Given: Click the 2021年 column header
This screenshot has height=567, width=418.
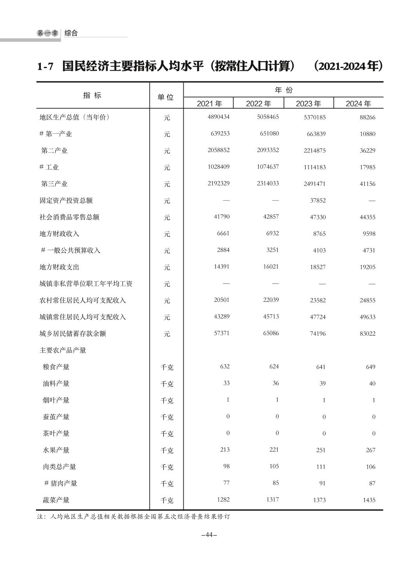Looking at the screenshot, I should click(x=209, y=103).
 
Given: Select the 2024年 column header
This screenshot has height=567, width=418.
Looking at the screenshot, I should click(x=358, y=103).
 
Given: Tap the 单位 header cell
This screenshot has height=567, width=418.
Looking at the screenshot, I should click(x=165, y=97).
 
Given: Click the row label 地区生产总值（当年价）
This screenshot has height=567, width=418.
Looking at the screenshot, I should click(x=74, y=117).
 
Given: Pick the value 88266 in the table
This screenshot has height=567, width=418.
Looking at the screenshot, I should click(x=367, y=117).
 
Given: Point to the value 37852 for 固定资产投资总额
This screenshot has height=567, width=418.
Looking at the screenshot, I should click(x=318, y=201).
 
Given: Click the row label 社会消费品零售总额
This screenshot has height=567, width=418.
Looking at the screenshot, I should click(x=69, y=217).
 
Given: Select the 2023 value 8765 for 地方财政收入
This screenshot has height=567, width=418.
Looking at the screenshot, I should click(x=319, y=234).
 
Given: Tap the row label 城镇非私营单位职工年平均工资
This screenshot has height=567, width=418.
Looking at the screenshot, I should click(x=86, y=284).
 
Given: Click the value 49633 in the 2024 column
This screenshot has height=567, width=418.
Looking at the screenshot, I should click(x=367, y=317).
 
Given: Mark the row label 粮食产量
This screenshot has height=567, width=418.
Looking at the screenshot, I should click(x=56, y=367).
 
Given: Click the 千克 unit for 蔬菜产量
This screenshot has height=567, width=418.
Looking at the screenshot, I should click(x=167, y=500).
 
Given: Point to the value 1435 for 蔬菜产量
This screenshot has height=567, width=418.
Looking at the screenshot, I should click(x=369, y=500).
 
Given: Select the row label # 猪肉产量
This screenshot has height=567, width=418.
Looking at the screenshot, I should click(x=61, y=483).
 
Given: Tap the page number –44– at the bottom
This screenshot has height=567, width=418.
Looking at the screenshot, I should click(x=209, y=535).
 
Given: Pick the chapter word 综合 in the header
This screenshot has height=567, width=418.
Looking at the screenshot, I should click(x=71, y=33).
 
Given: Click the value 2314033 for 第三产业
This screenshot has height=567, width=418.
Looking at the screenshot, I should click(x=268, y=183).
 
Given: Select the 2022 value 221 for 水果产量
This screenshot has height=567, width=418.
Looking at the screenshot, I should click(x=274, y=450).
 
